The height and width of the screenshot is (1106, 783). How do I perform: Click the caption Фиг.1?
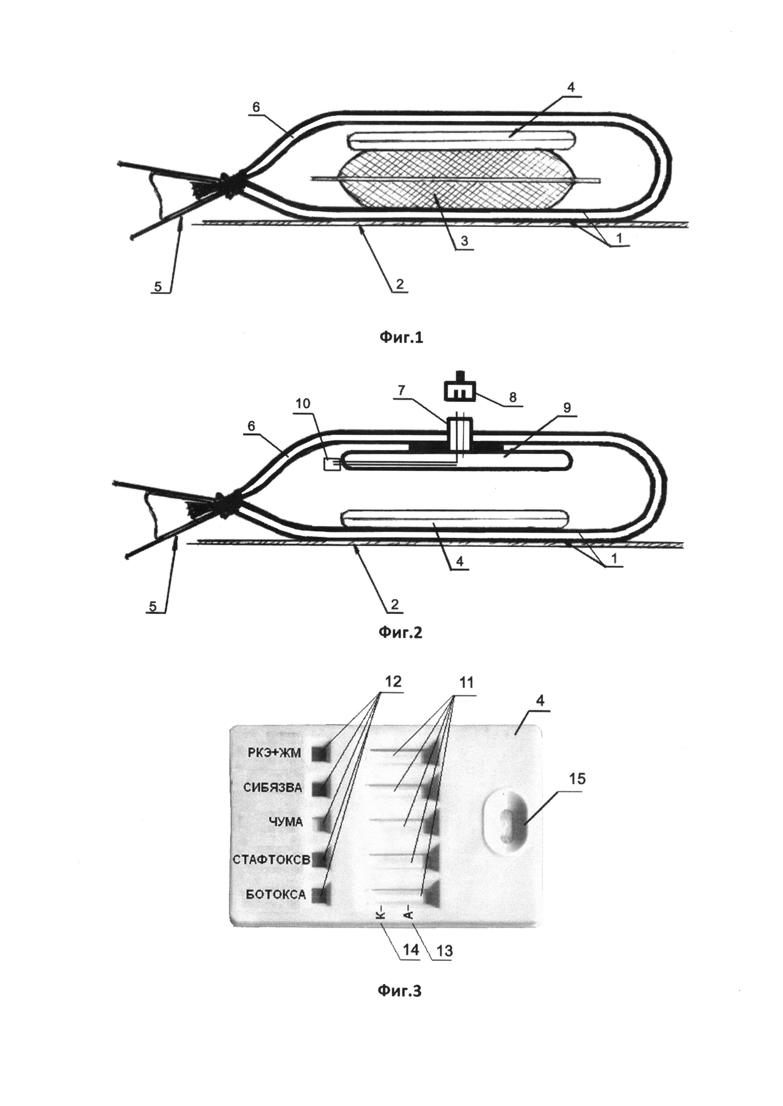pos(400,338)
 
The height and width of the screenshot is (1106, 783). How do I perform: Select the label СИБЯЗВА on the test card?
pos(273,788)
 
